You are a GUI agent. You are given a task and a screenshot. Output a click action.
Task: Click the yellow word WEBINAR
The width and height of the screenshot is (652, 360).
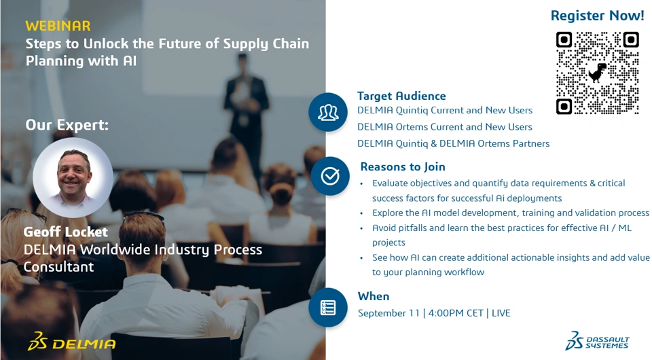[x=58, y=26]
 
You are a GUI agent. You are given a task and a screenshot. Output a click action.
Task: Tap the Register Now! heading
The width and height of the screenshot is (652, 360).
[x=597, y=16]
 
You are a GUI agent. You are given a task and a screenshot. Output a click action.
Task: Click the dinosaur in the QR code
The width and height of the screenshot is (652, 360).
[x=598, y=73]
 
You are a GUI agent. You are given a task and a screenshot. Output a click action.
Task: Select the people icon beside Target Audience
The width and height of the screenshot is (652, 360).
[x=328, y=112]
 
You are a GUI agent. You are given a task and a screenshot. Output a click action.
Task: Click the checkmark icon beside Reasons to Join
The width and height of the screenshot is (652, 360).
[x=330, y=176]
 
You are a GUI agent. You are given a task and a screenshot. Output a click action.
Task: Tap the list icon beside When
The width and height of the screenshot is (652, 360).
[x=328, y=308]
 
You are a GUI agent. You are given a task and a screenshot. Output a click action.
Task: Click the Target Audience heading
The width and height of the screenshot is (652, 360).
[x=401, y=96]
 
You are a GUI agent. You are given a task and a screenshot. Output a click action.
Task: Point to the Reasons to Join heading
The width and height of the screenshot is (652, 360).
[x=403, y=166]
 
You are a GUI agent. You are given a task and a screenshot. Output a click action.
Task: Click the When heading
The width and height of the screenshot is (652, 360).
[x=374, y=296]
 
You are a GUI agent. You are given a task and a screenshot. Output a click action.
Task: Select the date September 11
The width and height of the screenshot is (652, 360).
[x=388, y=313]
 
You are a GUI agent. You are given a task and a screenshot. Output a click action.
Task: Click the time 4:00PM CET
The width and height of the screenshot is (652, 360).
[x=456, y=313]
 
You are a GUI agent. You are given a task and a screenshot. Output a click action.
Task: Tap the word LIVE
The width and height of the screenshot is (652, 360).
[x=501, y=313]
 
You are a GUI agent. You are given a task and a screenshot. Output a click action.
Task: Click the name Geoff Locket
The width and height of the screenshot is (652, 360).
[x=66, y=232]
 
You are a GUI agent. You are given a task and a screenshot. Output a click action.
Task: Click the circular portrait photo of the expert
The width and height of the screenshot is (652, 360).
[x=73, y=177]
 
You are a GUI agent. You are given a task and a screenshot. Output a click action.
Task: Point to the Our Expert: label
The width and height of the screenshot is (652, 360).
[x=67, y=125]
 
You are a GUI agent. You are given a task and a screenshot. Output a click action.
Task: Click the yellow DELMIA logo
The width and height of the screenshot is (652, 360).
[x=71, y=342]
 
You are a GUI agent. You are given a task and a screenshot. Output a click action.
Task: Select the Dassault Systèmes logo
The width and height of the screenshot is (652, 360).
[x=597, y=341]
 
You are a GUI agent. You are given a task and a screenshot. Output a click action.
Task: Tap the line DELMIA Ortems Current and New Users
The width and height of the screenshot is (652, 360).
[x=444, y=127]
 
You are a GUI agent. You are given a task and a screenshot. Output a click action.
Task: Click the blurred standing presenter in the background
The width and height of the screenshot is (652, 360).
[x=246, y=108]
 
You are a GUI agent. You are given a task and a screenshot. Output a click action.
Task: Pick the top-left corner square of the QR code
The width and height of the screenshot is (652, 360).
[x=564, y=40]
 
